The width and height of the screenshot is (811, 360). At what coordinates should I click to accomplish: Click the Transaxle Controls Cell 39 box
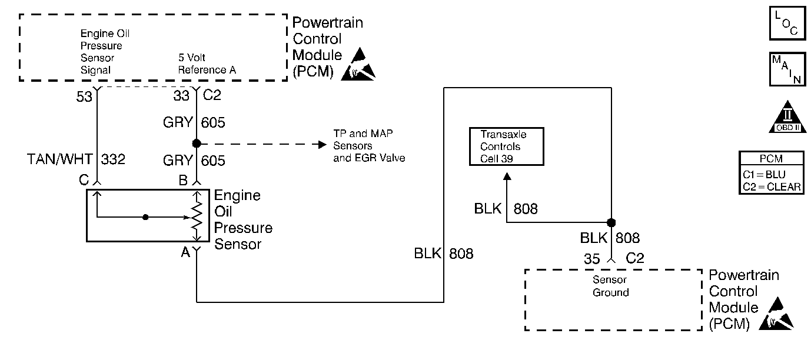click(506, 146)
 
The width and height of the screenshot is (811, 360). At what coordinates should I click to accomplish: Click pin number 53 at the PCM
click(84, 96)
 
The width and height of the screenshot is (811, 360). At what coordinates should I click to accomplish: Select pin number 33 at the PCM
click(181, 96)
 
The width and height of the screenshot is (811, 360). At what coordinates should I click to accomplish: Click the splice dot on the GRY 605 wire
click(195, 144)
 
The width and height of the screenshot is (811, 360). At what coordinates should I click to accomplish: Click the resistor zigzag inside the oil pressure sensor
click(197, 216)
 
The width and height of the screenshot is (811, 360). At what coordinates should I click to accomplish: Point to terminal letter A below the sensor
click(185, 252)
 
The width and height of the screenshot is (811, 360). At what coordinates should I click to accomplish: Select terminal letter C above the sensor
click(85, 180)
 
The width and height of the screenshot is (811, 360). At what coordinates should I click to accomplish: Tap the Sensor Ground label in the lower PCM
click(610, 286)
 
